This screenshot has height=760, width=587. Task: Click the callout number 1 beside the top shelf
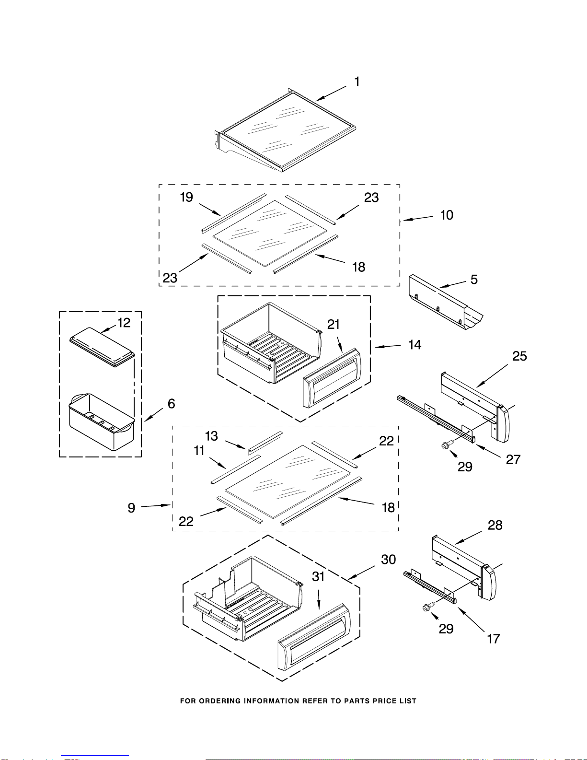(x=357, y=82)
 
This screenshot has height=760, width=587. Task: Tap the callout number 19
(x=186, y=197)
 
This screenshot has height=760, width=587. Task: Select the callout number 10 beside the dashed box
(x=447, y=215)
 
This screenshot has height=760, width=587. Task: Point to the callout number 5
(x=474, y=280)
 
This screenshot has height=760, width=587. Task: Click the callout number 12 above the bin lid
(x=124, y=323)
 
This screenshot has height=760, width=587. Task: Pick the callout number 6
(x=171, y=404)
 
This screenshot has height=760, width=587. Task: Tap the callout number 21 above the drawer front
(x=334, y=325)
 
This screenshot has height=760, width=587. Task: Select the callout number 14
(x=415, y=345)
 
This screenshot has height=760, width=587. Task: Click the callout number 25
(x=519, y=356)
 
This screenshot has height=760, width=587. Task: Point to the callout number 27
(x=513, y=459)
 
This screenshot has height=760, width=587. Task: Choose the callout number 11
(x=199, y=451)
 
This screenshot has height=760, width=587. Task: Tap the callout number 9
(x=131, y=508)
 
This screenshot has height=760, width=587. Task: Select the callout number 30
(x=389, y=560)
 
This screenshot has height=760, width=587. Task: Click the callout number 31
(x=318, y=577)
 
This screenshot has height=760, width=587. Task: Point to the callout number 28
(x=495, y=526)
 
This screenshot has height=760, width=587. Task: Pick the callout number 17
(x=494, y=639)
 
